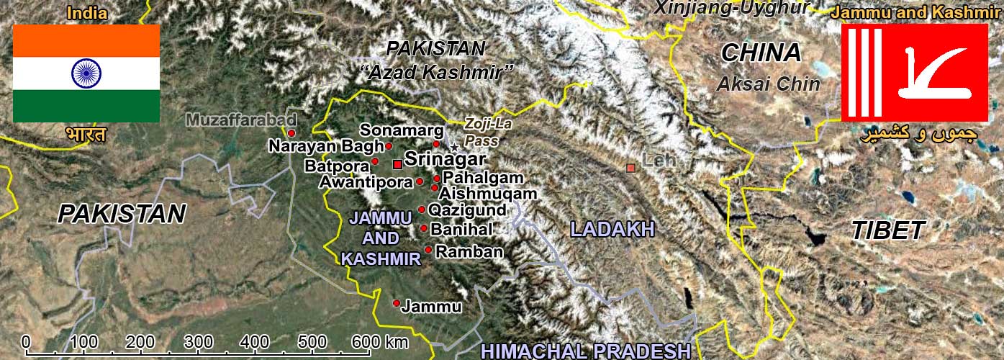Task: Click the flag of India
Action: pyautogui.click(x=86, y=73)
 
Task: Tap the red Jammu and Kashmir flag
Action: pyautogui.click(x=914, y=72)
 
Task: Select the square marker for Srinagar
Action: pyautogui.click(x=397, y=164)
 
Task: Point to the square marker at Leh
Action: pyautogui.click(x=631, y=168)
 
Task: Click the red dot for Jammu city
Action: pyautogui.click(x=396, y=303)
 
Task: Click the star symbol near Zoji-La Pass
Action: pyautogui.click(x=453, y=148)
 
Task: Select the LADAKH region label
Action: pyautogui.click(x=612, y=229)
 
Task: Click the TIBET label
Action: pyautogui.click(x=887, y=230)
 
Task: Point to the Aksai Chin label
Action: pyautogui.click(x=768, y=84)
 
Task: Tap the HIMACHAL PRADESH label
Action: pyautogui.click(x=586, y=351)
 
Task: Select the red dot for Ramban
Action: pyautogui.click(x=428, y=250)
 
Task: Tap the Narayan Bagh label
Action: pyautogui.click(x=325, y=146)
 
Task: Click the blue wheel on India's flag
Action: pyautogui.click(x=86, y=73)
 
